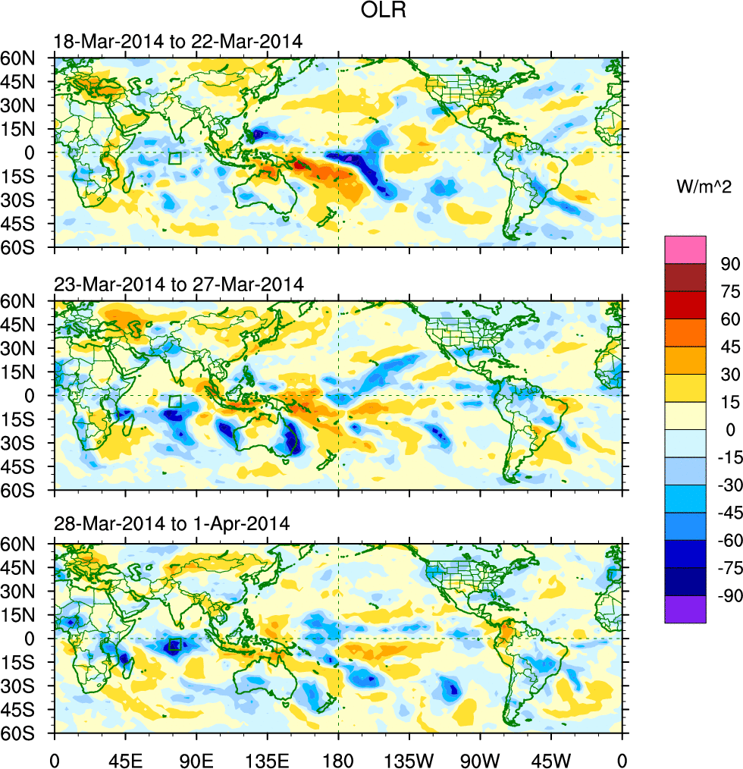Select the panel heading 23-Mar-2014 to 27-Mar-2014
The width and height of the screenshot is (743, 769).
[179, 285]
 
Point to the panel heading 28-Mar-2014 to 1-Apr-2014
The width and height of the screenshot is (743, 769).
[172, 524]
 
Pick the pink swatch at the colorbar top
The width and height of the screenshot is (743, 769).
[685, 249]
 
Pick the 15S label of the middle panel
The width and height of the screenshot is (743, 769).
[34, 419]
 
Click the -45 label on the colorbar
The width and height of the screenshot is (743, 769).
[723, 513]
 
